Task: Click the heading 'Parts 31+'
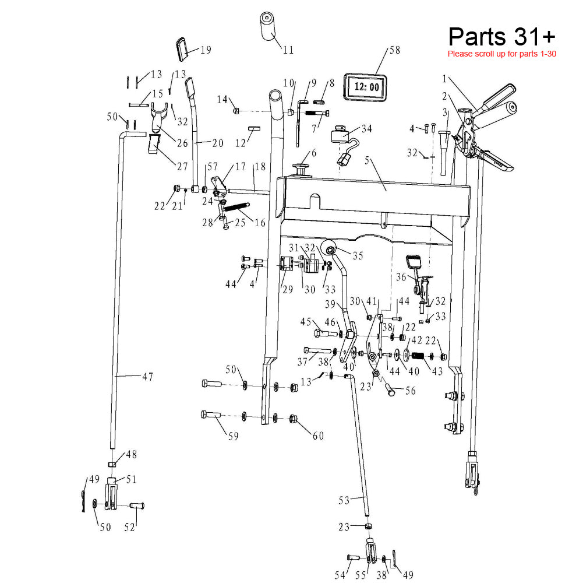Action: click(501, 36)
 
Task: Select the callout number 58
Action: click(395, 51)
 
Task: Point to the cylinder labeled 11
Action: click(269, 26)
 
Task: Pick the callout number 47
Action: click(147, 377)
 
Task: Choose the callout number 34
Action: click(367, 128)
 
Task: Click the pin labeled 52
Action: click(137, 505)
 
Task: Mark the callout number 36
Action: click(401, 278)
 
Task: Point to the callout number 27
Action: click(182, 166)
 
